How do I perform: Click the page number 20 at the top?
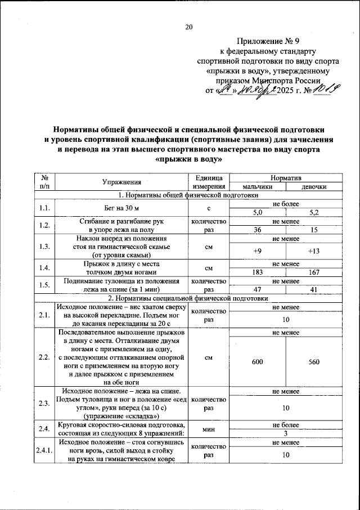pyautogui.click(x=188, y=26)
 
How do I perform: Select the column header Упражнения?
pyautogui.click(x=121, y=182)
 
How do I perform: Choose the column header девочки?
pyautogui.click(x=314, y=187)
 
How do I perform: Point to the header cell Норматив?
pyautogui.click(x=286, y=177)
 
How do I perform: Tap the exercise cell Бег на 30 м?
pyautogui.click(x=121, y=208)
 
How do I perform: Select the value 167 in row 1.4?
pyautogui.click(x=314, y=272)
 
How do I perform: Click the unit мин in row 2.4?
pyautogui.click(x=209, y=428)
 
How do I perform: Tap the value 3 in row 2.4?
pyautogui.click(x=286, y=433)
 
